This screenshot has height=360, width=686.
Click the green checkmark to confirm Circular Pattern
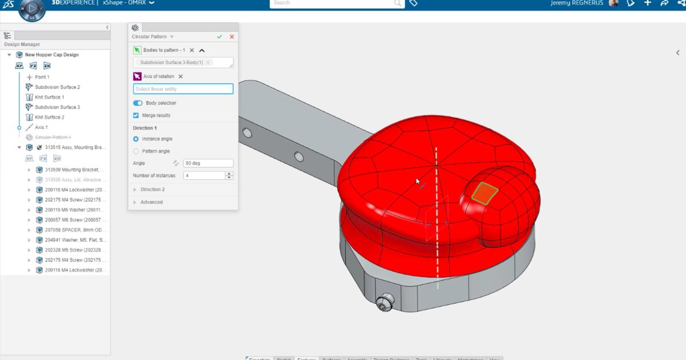click(x=220, y=37)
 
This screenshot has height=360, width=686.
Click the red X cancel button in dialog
click(x=232, y=37)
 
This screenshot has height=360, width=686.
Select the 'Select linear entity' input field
click(x=183, y=89)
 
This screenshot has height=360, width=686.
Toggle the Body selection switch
click(x=138, y=103)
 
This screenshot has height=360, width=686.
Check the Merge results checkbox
click(x=136, y=115)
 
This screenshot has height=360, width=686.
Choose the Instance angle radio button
click(x=136, y=139)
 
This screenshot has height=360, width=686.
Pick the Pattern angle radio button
click(x=136, y=151)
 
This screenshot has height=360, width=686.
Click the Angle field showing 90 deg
click(x=208, y=163)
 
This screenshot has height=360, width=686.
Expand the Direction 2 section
click(x=152, y=189)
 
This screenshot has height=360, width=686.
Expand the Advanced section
click(x=151, y=202)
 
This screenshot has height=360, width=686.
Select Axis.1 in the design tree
click(x=41, y=127)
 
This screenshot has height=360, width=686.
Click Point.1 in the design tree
click(x=42, y=77)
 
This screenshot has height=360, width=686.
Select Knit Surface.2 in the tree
click(x=49, y=117)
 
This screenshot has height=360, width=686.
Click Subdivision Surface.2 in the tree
click(x=57, y=87)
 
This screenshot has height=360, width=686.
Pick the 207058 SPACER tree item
click(x=75, y=230)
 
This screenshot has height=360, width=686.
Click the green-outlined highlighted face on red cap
click(x=485, y=193)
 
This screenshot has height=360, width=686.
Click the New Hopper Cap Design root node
click(x=51, y=55)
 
